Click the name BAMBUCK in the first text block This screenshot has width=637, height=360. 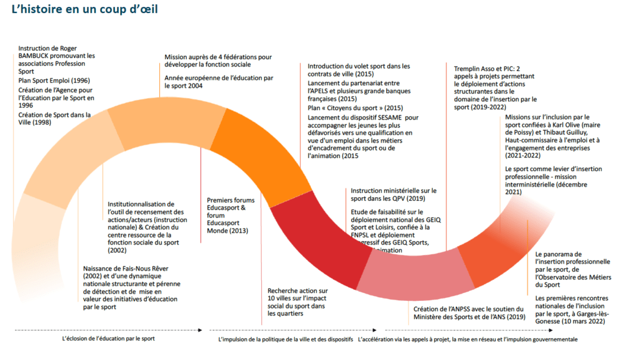pyautogui.click(x=39, y=55)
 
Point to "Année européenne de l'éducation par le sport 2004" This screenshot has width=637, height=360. pyautogui.click(x=218, y=81)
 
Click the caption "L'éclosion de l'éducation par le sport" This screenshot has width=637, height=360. pyautogui.click(x=108, y=339)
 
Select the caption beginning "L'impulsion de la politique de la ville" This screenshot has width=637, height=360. pyautogui.click(x=286, y=339)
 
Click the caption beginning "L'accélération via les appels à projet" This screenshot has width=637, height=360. pyautogui.click(x=467, y=339)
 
